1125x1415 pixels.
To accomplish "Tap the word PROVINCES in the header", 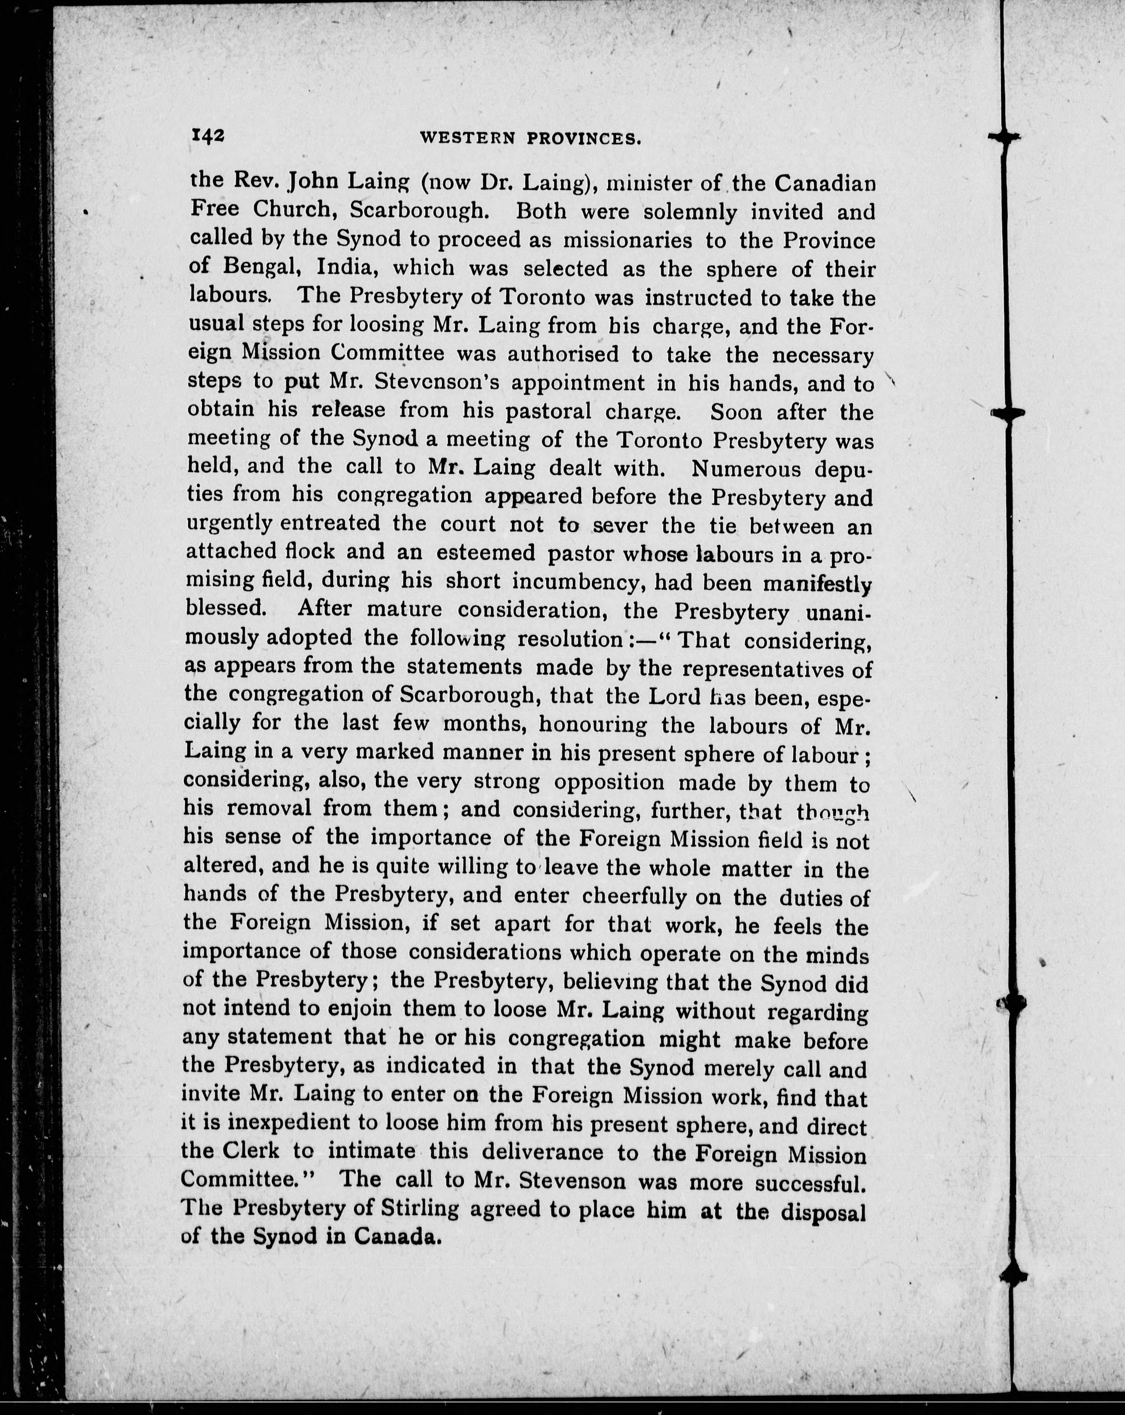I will pos(584,139).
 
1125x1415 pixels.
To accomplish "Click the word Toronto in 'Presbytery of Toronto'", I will pos(543,297).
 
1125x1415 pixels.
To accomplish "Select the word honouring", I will pos(592,724).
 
